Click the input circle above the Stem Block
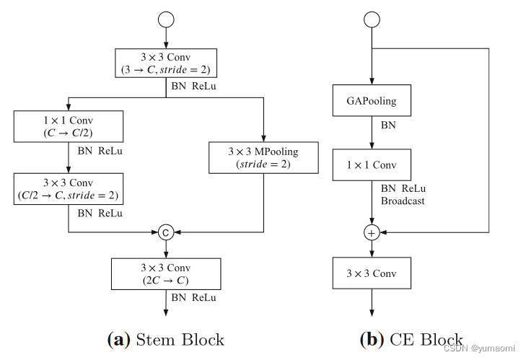[166, 18]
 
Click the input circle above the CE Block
[372, 19]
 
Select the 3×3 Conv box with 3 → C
[166, 63]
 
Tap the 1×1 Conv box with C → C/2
[69, 126]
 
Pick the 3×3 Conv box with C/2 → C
[69, 188]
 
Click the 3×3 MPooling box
[263, 157]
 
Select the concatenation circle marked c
[166, 232]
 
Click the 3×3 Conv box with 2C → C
[166, 273]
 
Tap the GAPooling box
[372, 101]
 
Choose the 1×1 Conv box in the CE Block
[372, 165]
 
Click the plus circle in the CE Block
[372, 232]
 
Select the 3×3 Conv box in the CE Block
[372, 273]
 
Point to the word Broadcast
[403, 201]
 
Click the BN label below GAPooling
[388, 126]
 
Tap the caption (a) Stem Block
[166, 339]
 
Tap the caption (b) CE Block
[411, 339]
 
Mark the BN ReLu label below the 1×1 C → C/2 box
[100, 152]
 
